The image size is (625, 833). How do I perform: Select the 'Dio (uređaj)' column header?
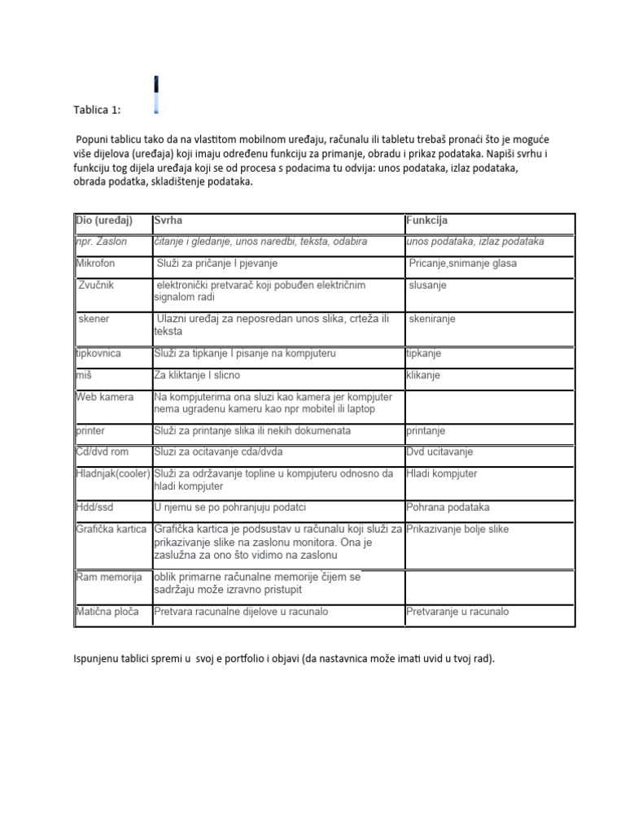click(x=103, y=221)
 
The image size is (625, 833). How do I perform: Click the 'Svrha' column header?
click(x=168, y=221)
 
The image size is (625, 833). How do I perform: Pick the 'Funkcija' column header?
click(x=426, y=221)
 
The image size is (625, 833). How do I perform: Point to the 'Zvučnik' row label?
click(x=97, y=286)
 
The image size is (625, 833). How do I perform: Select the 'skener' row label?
click(x=94, y=319)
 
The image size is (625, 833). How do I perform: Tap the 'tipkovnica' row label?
click(x=98, y=354)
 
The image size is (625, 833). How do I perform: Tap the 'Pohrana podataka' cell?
click(x=448, y=508)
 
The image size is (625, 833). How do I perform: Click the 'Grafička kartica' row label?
click(x=111, y=530)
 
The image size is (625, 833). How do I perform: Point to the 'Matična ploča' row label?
click(x=107, y=612)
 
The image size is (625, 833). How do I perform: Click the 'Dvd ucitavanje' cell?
click(x=440, y=452)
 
